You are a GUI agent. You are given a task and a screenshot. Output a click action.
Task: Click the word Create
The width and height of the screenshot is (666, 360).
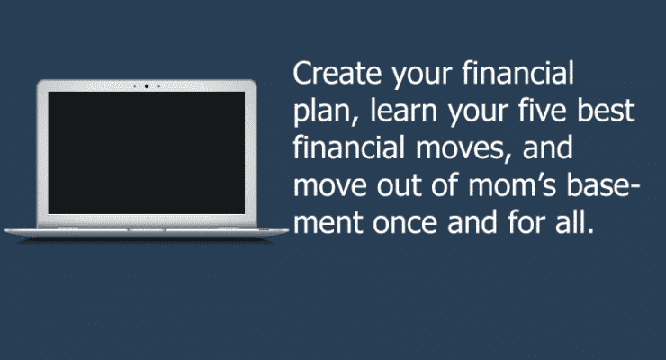click(x=337, y=73)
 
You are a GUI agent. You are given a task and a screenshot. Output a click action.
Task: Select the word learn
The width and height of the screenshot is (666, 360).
click(x=403, y=111)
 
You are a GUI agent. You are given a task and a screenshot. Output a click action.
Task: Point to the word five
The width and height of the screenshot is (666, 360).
click(x=543, y=111)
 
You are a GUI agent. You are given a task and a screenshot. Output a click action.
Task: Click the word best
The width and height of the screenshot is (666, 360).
click(x=606, y=111)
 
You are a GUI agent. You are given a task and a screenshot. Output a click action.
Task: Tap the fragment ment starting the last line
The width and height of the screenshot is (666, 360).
click(x=328, y=223)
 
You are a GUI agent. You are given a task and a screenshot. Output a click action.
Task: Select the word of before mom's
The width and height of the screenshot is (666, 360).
click(x=445, y=184)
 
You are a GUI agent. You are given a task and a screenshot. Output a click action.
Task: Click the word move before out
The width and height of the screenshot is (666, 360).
click(x=330, y=187)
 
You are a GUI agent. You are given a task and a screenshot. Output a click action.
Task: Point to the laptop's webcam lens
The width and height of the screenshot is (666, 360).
click(x=147, y=86)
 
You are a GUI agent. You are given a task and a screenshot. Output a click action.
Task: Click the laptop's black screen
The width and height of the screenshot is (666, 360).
click(x=147, y=153)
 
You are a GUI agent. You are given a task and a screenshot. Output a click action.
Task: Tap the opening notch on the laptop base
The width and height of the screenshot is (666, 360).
click(x=147, y=229)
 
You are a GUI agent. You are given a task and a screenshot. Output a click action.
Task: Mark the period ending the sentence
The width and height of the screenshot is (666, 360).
click(x=589, y=232)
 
